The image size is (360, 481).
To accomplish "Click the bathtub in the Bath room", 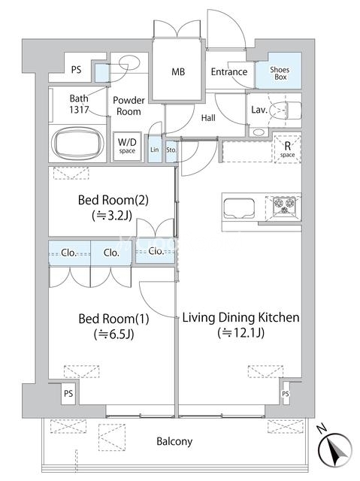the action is click(78, 143).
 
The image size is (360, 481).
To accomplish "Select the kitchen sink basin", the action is click(239, 208).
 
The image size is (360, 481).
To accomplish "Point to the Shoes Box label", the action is click(280, 74).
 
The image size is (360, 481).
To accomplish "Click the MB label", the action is click(178, 72).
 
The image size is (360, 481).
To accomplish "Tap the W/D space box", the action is click(127, 147).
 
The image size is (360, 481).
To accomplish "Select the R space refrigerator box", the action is click(287, 149).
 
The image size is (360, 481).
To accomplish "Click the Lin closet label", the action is click(155, 150).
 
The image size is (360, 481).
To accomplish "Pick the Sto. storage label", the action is click(171, 150).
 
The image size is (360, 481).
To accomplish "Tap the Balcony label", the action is click(174, 441).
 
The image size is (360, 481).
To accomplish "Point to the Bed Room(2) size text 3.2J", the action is click(112, 216).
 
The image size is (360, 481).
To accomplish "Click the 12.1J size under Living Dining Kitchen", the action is click(241, 333).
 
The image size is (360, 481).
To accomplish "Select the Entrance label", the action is click(229, 72).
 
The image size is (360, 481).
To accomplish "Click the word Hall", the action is click(208, 118).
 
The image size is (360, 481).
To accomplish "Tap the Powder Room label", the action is click(129, 106).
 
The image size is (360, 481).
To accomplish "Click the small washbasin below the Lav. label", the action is click(259, 132).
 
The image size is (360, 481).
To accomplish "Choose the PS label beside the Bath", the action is click(77, 70).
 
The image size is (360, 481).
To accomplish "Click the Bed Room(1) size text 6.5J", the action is click(114, 334).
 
